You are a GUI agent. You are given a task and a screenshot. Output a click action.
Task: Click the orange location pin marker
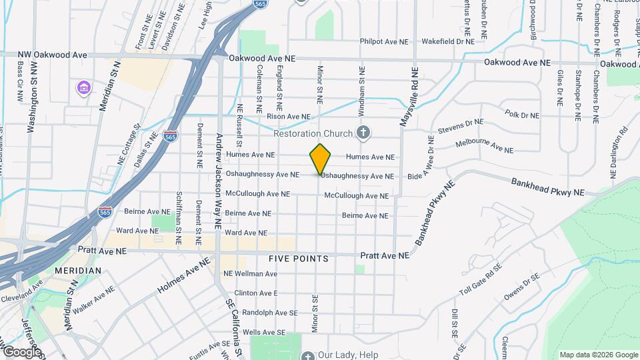click(x=321, y=159)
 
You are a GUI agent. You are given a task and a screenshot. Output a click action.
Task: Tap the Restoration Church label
click(x=312, y=133)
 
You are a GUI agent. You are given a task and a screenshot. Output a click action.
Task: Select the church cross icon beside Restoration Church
click(x=363, y=133)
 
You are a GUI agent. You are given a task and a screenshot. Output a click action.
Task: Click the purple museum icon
click(x=83, y=88)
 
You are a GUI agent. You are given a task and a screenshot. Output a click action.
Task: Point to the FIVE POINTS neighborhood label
click(x=299, y=258)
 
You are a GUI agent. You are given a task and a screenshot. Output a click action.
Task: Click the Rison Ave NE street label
click(x=289, y=117)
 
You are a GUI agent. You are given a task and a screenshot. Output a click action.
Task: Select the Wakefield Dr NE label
click(x=447, y=41)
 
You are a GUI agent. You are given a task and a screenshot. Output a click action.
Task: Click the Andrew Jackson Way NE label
click(x=218, y=181)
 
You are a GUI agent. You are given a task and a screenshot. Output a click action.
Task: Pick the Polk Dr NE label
click(x=522, y=115)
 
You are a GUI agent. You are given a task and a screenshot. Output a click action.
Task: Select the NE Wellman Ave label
click(x=250, y=274)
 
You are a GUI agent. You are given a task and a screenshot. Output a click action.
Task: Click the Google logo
click(x=21, y=351)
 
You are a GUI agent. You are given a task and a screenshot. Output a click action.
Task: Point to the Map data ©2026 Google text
click(x=598, y=355)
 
